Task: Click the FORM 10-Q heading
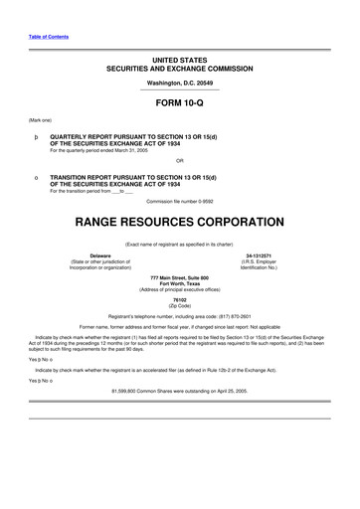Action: [180, 103]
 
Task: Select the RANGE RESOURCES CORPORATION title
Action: [180, 218]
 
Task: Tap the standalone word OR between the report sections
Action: [180, 159]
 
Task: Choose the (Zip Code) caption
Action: [180, 305]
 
